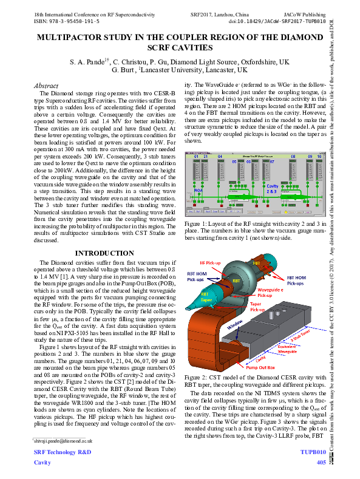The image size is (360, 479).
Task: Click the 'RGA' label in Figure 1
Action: (x=197, y=189)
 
